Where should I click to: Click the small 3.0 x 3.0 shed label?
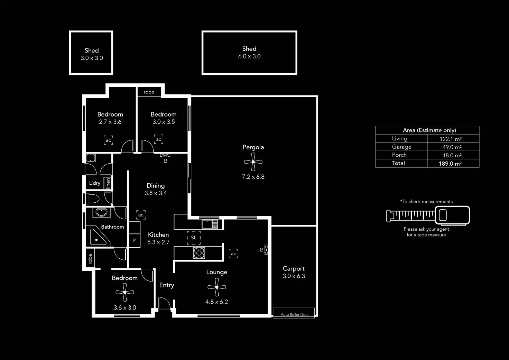point(92,54)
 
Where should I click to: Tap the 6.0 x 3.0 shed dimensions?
point(249,56)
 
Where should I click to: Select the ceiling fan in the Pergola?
point(253,162)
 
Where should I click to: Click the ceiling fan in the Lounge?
point(217,287)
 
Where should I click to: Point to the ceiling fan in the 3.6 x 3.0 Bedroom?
point(125,293)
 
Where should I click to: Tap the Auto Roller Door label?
point(295,314)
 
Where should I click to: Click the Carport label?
point(294,268)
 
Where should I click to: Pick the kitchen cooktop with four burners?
point(199,253)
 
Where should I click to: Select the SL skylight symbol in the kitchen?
point(194,238)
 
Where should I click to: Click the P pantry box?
point(135,240)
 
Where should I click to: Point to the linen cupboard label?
point(108,183)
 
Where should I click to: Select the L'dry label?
point(94,183)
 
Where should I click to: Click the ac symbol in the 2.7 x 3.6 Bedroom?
point(108,140)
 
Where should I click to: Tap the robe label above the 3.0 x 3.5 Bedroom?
point(149,92)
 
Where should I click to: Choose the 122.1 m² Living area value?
point(451,139)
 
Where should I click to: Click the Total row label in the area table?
point(398,163)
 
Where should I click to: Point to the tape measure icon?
point(428,215)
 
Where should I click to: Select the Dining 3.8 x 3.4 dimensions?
point(156,193)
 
